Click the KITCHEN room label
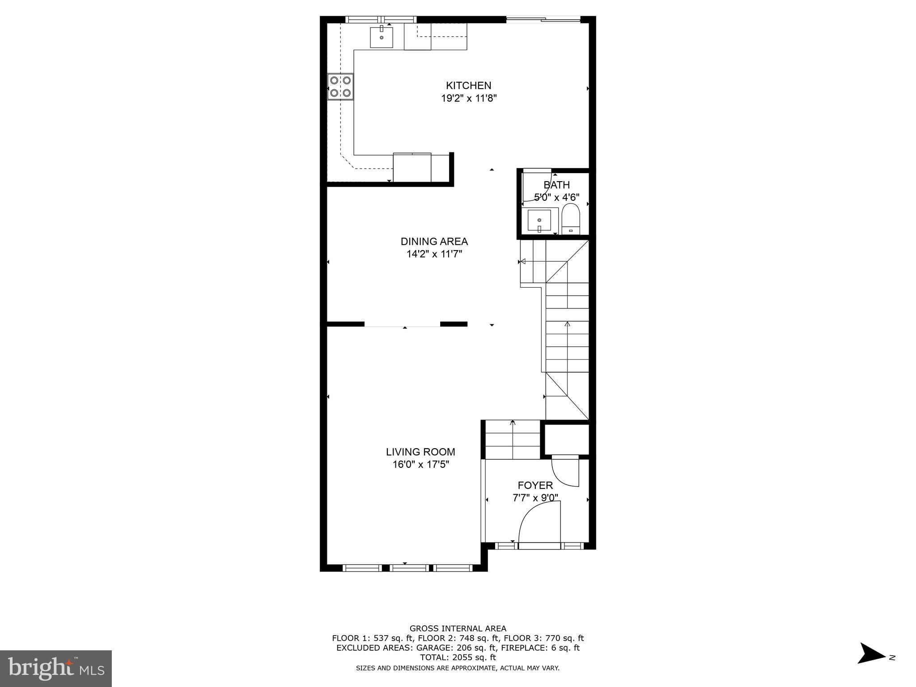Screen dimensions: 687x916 468,85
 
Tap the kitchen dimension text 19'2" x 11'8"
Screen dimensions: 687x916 468,98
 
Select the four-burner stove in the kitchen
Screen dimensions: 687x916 340,87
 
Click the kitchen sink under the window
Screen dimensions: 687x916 382,37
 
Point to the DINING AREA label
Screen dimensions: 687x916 434,242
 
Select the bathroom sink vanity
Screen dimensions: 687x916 540,221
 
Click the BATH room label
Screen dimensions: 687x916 556,185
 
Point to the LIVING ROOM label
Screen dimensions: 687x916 420,452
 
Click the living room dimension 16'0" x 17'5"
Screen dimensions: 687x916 420,465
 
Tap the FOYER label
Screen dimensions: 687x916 535,485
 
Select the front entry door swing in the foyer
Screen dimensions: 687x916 539,523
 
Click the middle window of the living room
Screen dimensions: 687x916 408,568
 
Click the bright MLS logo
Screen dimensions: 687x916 55,668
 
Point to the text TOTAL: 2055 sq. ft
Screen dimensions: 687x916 458,657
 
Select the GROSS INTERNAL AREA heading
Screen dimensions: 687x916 458,628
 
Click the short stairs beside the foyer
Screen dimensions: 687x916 513,440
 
